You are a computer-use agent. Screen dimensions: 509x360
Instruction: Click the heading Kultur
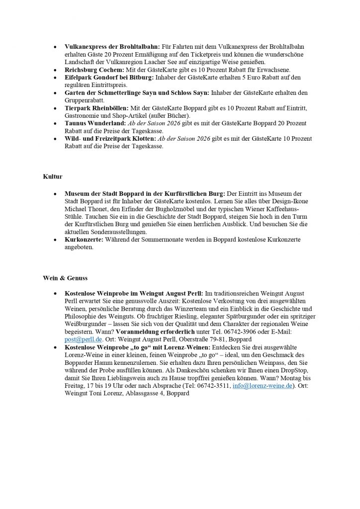click(52, 176)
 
